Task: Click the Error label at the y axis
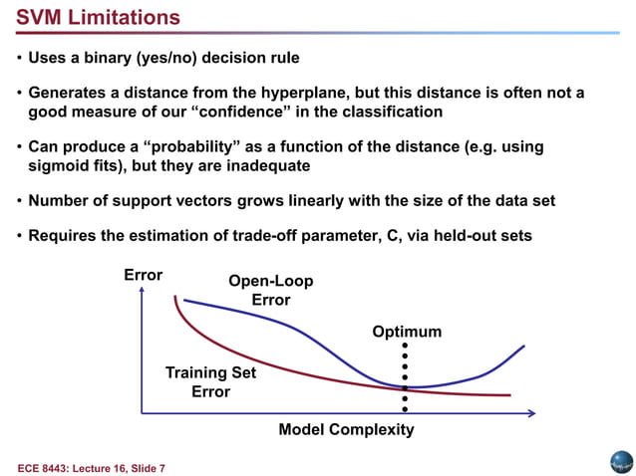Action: [143, 275]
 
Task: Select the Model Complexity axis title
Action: [346, 430]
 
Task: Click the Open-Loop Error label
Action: [270, 291]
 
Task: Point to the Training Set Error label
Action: [210, 382]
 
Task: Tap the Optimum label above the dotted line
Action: [407, 332]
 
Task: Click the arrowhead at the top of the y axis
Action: [143, 291]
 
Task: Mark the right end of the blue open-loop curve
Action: [524, 346]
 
